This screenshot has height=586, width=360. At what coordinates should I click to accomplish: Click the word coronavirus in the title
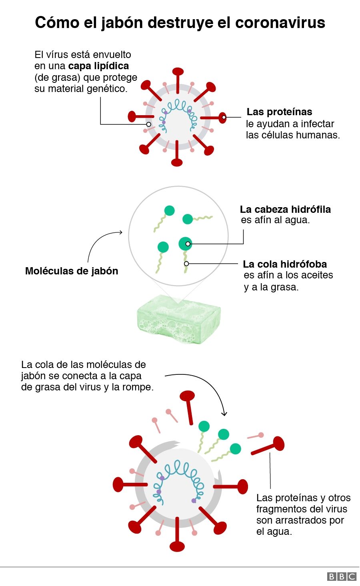coord(280,22)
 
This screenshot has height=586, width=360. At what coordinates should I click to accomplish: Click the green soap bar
coord(179,319)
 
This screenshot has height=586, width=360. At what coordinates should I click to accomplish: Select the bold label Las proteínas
coord(279,112)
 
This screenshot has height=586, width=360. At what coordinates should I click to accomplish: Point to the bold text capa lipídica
coord(98,66)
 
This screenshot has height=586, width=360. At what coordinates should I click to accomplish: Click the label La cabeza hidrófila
coord(285,209)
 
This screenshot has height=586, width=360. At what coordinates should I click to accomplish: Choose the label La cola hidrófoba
coord(285,264)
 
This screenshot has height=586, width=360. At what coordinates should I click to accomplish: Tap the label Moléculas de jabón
coord(72,271)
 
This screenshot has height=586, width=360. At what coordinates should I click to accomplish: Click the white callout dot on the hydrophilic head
coord(188,244)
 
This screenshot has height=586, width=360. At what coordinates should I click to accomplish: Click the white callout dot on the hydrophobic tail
coord(186,264)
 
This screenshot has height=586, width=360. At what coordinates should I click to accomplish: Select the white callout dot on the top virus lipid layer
coord(149,124)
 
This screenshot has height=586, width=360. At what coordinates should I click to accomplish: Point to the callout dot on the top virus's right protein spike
coord(224,117)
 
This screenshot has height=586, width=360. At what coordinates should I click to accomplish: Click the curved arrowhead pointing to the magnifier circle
coord(120,232)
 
